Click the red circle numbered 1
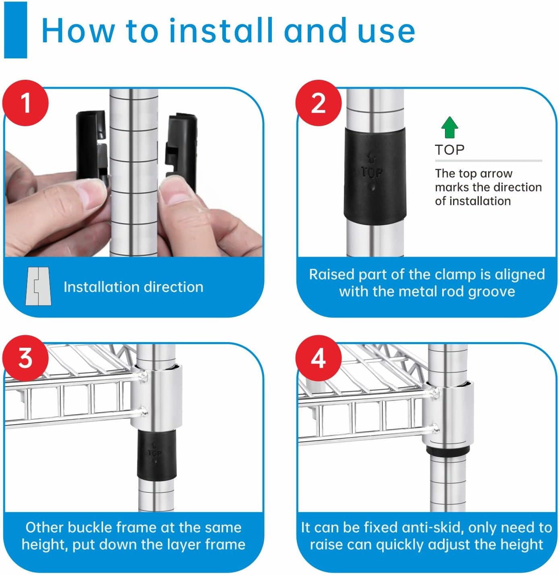click(x=25, y=103)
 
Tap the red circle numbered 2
click(x=318, y=103)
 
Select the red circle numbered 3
click(x=25, y=358)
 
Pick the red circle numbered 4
click(x=318, y=358)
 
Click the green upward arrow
click(x=449, y=127)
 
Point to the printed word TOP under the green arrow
click(x=449, y=150)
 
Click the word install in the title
click(x=221, y=31)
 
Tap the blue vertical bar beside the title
click(x=16, y=30)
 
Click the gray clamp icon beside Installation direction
click(x=38, y=286)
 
